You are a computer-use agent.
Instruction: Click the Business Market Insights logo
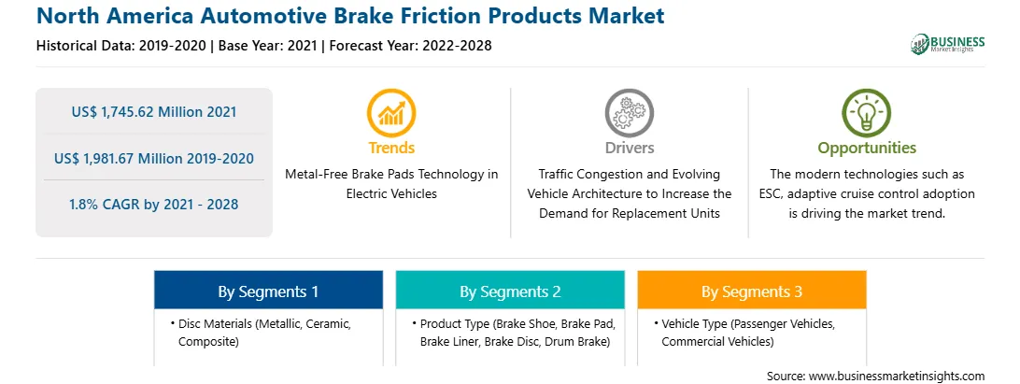948,44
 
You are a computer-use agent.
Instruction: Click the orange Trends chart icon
391,113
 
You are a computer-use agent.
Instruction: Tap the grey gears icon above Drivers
629,113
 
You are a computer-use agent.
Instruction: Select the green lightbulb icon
867,113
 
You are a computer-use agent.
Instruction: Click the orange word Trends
391,148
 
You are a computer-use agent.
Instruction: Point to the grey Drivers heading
630,148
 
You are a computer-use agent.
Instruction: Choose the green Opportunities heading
867,149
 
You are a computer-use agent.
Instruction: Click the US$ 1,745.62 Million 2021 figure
154,112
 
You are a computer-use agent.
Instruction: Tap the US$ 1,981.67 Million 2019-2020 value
154,158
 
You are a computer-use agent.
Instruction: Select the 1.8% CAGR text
154,205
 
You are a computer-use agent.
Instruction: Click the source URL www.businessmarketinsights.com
897,377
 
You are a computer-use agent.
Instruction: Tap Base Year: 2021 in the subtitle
268,46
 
